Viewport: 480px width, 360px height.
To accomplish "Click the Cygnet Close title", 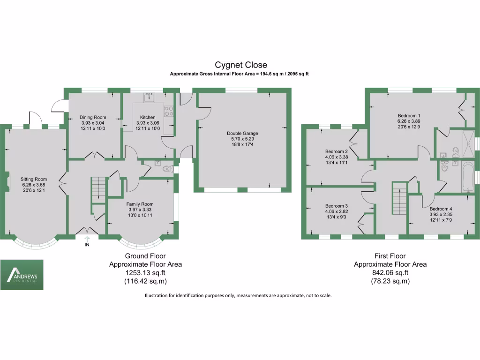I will click(240, 65).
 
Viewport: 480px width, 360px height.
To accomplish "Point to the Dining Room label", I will click(93, 117).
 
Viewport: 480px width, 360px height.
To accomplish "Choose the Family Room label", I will click(140, 204).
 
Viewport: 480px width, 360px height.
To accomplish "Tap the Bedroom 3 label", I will click(337, 206).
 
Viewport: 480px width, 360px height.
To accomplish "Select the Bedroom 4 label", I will click(441, 209).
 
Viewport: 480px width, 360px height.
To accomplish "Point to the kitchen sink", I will click(150, 97).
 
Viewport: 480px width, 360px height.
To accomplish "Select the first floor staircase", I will click(399, 199).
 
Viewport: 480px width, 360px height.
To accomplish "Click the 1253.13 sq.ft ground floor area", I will click(145, 273).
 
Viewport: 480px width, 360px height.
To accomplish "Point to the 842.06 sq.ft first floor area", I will click(390, 273).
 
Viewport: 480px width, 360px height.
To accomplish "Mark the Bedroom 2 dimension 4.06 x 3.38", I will click(337, 157).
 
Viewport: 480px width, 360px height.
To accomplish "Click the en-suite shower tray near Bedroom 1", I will click(467, 140).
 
